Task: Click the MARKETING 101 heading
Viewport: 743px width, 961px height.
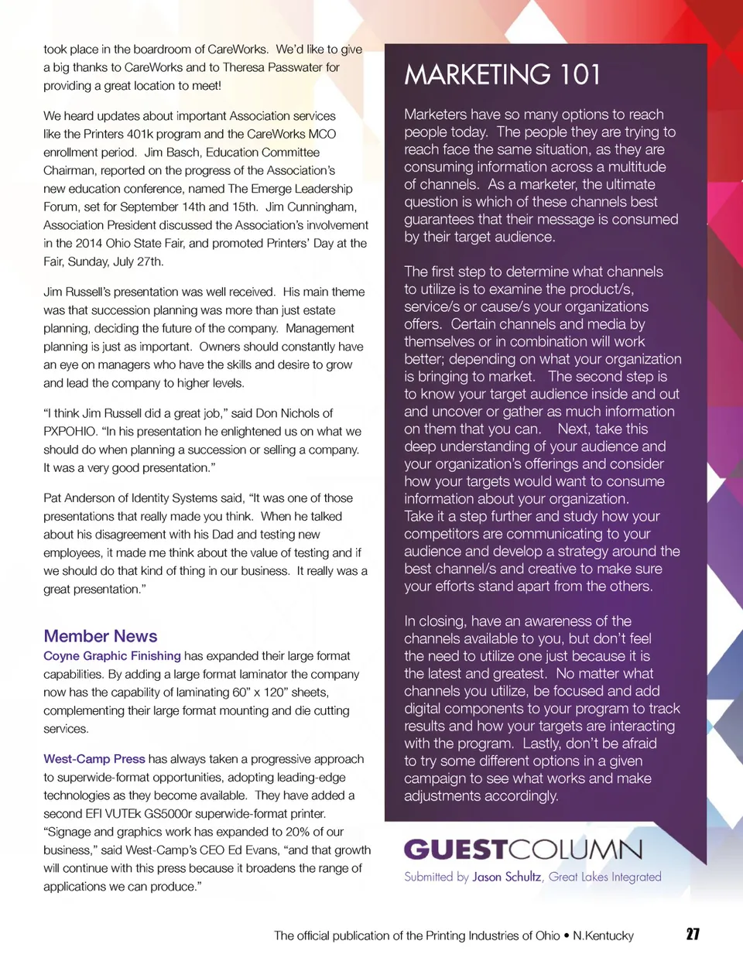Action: (502, 75)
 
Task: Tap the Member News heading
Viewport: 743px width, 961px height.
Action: (101, 636)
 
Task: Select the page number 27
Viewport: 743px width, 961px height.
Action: (693, 934)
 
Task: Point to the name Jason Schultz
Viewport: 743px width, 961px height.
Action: (506, 877)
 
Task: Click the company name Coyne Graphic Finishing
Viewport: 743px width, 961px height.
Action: (112, 656)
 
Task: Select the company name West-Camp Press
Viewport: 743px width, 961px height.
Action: (94, 759)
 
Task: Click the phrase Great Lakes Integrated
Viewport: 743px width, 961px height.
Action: (605, 877)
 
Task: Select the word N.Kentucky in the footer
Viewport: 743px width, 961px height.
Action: (603, 935)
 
